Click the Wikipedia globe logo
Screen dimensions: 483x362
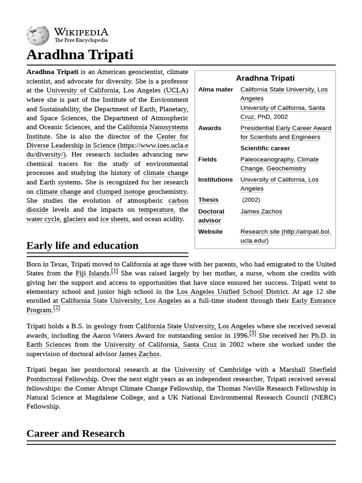tap(38, 35)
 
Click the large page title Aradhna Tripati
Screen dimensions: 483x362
tap(80, 55)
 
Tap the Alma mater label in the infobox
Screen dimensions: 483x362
tap(215, 90)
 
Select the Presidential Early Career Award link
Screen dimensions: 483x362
tap(286, 128)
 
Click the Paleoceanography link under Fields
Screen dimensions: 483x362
tap(267, 159)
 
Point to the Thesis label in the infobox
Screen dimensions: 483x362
tap(208, 200)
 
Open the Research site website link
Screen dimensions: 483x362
tap(286, 232)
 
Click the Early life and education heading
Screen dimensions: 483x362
tap(82, 245)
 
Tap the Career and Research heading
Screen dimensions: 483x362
tap(75, 433)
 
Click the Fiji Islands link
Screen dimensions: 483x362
tap(92, 273)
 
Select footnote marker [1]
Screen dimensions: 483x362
tap(115, 271)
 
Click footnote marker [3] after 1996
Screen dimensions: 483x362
tap(253, 333)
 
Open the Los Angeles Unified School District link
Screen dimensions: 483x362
tap(232, 291)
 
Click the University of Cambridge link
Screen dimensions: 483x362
tap(213, 370)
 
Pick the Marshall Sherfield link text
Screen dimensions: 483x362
tap(307, 370)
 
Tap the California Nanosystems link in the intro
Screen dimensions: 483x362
tap(153, 127)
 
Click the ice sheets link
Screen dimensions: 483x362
tap(114, 219)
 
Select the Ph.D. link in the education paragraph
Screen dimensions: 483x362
tap(319, 335)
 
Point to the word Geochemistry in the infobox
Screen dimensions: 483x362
tap(286, 168)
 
